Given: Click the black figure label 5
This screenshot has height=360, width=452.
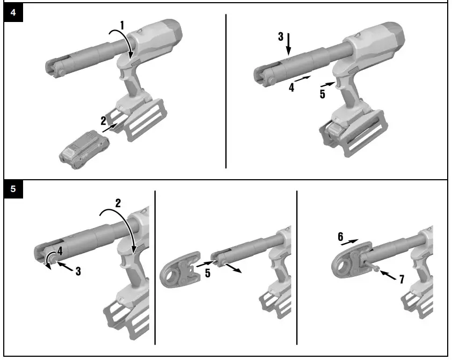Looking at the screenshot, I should [13, 189].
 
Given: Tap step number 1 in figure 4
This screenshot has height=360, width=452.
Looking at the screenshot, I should [122, 25].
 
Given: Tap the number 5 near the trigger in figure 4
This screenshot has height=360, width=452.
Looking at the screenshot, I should [322, 94].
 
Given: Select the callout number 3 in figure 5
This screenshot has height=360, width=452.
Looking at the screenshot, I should [78, 271].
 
